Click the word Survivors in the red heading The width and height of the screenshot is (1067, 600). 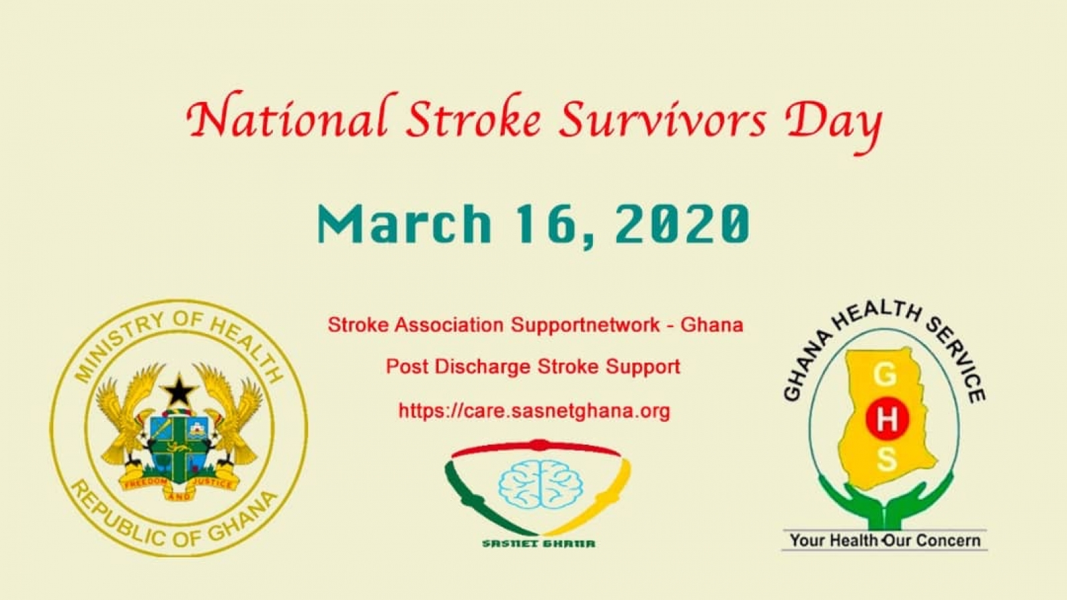tap(663, 119)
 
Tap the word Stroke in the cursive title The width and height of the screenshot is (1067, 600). tap(473, 117)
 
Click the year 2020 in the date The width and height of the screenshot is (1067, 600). tap(683, 224)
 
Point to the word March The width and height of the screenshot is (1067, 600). tap(404, 223)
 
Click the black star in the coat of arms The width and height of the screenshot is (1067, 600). tap(179, 391)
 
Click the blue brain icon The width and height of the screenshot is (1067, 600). tap(540, 483)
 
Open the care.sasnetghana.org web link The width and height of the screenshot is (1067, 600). tap(534, 411)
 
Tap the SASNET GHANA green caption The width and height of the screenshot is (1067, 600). tap(538, 543)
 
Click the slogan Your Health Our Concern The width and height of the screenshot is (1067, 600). tap(885, 541)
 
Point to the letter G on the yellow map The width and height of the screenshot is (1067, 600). tap(885, 376)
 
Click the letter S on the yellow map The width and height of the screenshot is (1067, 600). tap(886, 460)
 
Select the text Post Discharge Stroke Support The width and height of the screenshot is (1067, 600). tap(533, 367)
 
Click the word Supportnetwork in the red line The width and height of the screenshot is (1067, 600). tap(586, 325)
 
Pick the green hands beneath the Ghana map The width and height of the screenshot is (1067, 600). tap(886, 501)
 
